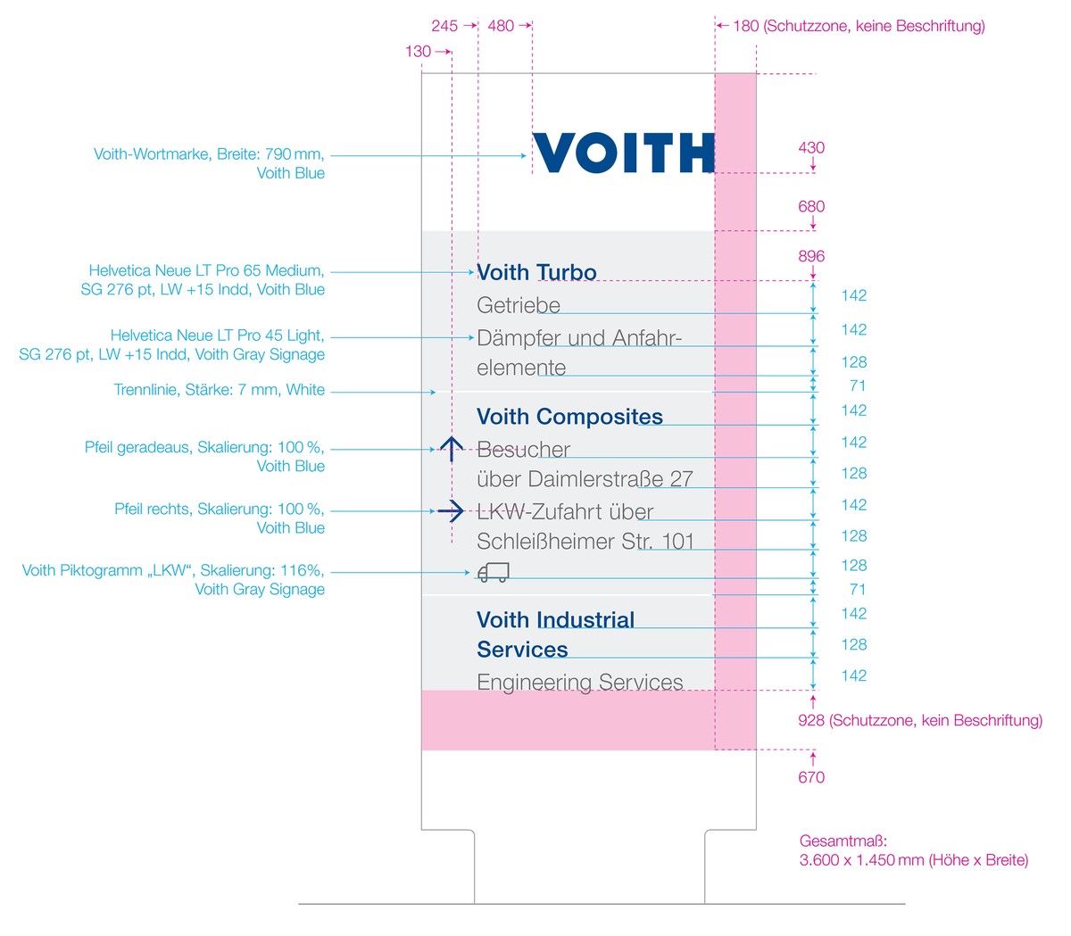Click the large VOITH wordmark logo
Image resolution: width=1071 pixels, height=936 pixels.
[x=623, y=153]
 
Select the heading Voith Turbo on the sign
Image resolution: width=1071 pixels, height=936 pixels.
[x=536, y=272]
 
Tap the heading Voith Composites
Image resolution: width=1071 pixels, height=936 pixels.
[x=569, y=417]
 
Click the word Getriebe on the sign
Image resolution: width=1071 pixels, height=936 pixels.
[x=519, y=305]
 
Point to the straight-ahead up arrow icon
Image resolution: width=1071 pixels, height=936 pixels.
[x=452, y=449]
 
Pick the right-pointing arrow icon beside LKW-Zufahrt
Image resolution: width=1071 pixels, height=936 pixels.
[x=451, y=510]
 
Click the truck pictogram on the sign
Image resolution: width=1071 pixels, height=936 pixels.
[x=493, y=572]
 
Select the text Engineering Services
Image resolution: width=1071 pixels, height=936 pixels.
[x=579, y=682]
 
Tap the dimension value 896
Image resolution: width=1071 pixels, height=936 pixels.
[x=811, y=256]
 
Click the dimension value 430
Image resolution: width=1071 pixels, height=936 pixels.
[x=811, y=147]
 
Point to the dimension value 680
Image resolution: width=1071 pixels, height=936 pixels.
[x=811, y=206]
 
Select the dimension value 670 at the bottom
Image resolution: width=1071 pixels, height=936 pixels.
[x=811, y=777]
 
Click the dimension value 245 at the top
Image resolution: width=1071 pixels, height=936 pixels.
[x=444, y=26]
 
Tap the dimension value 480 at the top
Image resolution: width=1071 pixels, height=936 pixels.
[x=501, y=26]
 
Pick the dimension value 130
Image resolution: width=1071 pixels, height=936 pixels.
[x=418, y=51]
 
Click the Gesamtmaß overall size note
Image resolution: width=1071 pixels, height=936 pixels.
[x=913, y=850]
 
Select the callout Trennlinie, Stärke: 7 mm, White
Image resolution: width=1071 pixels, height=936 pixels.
[x=219, y=390]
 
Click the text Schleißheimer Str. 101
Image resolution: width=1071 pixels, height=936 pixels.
[x=585, y=542]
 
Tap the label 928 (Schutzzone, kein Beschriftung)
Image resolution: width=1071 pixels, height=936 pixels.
[x=919, y=720]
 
